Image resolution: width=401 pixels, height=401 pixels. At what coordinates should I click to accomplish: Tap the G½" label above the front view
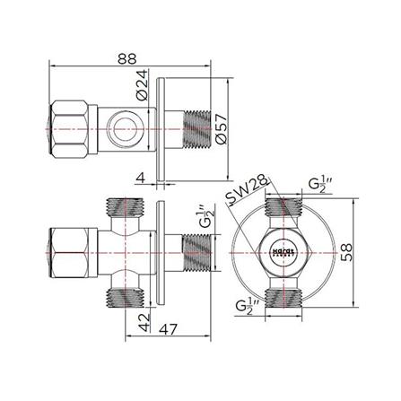[x=319, y=187]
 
